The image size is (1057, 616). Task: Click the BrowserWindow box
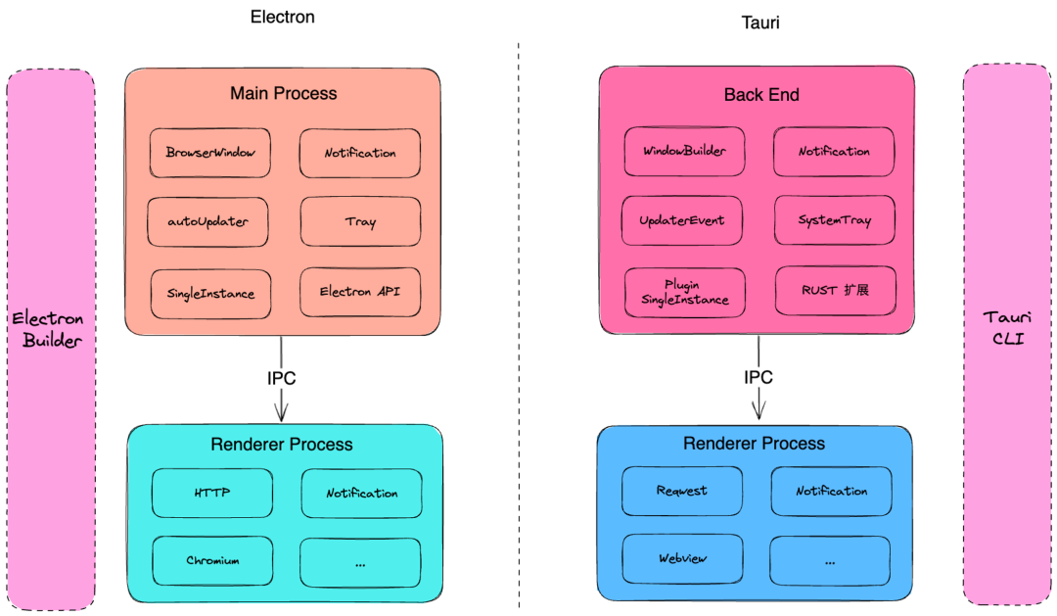[x=210, y=154]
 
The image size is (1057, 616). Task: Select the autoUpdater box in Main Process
[x=208, y=222]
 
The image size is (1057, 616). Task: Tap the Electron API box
[x=359, y=292]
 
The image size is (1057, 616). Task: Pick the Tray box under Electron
[x=359, y=222]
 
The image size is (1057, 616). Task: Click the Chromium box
[x=212, y=561]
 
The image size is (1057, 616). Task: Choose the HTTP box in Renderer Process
[x=212, y=493]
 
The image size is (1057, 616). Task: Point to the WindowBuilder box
[x=683, y=152]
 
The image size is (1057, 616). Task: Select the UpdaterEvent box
[x=682, y=220]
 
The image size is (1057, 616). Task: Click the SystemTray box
[x=834, y=220]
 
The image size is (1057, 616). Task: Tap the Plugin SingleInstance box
[x=684, y=292]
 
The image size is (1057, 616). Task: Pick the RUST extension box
[x=835, y=291]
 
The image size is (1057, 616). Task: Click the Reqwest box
[x=682, y=491]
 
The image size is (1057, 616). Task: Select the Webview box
[x=682, y=559]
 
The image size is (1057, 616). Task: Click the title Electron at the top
[x=283, y=17]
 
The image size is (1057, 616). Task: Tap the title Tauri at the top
[x=758, y=22]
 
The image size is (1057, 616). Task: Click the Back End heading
[x=761, y=95]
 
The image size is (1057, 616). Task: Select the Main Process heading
[x=283, y=94]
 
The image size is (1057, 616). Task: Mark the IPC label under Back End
[x=758, y=377]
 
